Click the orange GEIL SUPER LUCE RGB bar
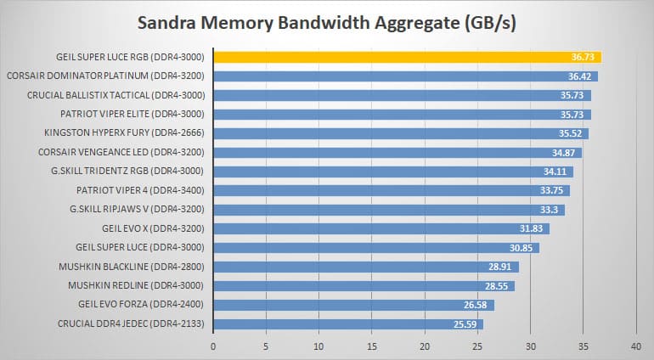(x=408, y=57)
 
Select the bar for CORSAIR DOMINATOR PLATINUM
(x=406, y=76)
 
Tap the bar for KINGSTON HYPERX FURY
(x=401, y=133)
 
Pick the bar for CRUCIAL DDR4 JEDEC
(x=348, y=324)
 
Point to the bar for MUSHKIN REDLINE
(x=364, y=286)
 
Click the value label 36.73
(x=583, y=57)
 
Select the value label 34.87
(x=563, y=153)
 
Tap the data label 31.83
(x=531, y=228)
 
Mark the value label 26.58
(x=476, y=305)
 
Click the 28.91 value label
(x=500, y=267)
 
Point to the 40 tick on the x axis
(x=636, y=346)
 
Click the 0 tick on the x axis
(x=213, y=346)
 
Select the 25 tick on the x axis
(x=477, y=346)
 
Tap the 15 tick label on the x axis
(x=372, y=346)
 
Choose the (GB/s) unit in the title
(x=490, y=24)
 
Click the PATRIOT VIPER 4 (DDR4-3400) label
(x=140, y=191)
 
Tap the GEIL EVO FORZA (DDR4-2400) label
(x=141, y=305)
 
